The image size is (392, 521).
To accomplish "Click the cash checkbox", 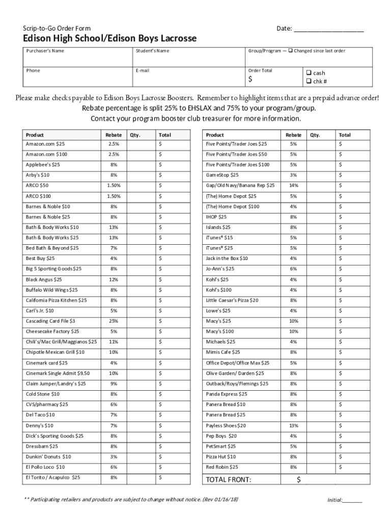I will coord(309,73).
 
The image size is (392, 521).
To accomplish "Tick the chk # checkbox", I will coord(309,81).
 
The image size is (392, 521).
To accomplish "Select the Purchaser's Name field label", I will coord(45,51).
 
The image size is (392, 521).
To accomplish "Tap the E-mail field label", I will coord(143,70).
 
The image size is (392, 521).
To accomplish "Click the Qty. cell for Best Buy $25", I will coord(139,258).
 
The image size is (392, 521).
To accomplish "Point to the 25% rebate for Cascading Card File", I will coord(114,321).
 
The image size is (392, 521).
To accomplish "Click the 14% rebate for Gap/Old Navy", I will coord(293,185).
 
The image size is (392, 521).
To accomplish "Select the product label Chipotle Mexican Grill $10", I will coord(55,353).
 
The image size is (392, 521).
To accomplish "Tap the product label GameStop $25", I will coord(222,175).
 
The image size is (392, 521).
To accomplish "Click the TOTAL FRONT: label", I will coord(228,480).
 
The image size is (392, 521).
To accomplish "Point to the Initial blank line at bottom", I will coord(352,501).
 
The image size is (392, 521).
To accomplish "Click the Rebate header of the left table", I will coord(114,135).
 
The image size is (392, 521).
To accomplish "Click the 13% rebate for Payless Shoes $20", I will coord(293,425).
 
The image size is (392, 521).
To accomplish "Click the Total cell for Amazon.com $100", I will coord(173,154).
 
